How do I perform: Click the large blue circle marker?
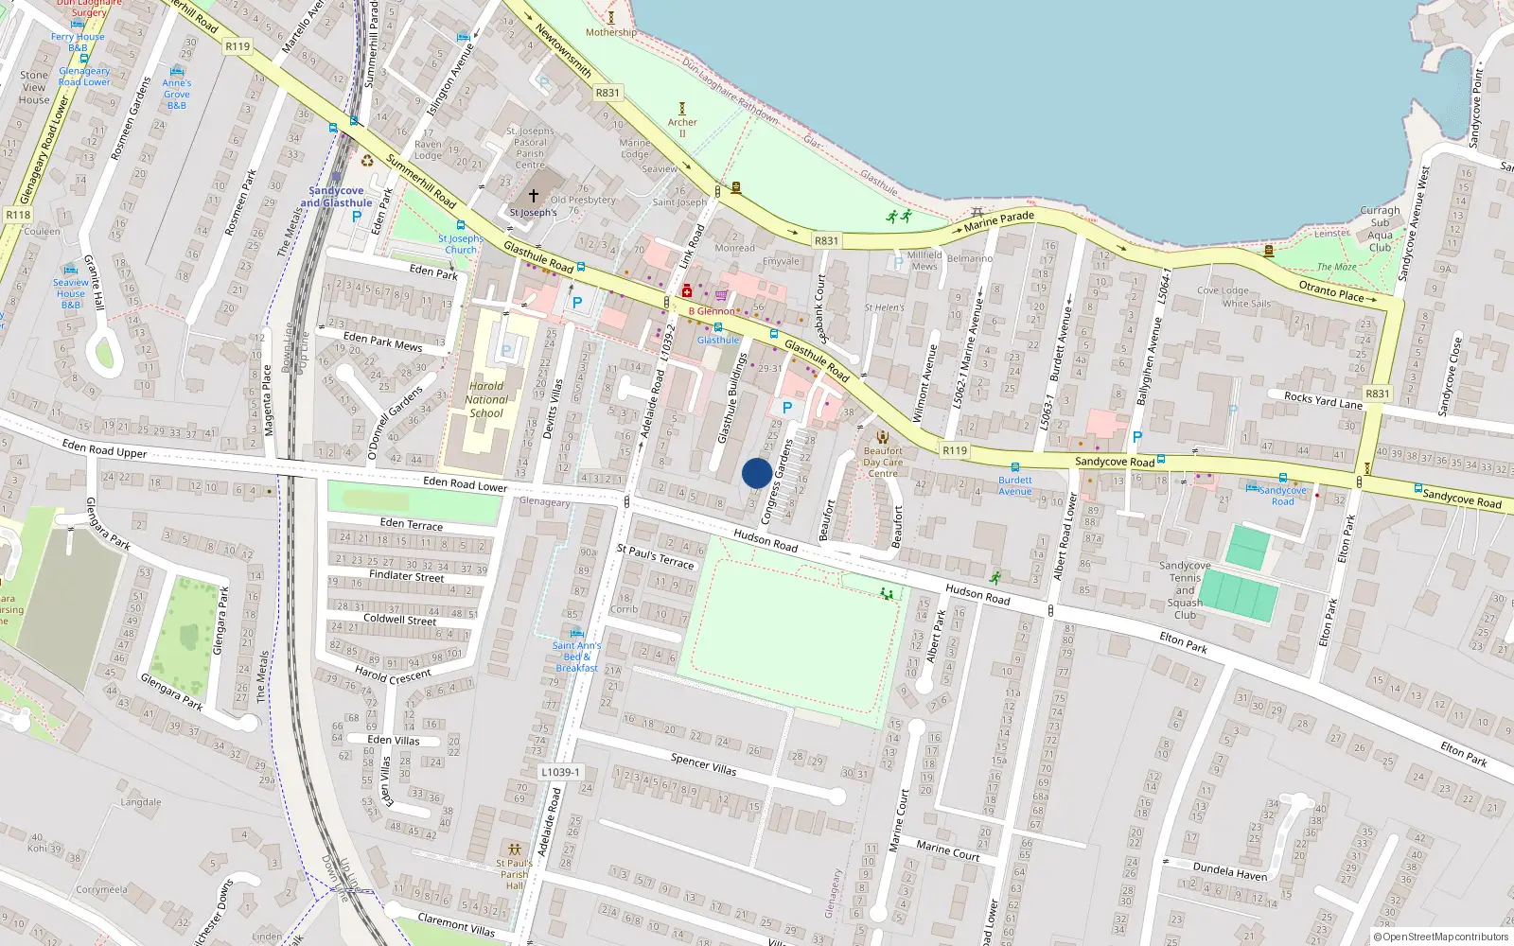point(756,473)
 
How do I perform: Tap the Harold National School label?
point(486,399)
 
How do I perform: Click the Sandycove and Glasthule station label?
point(336,197)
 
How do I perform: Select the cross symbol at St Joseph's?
point(534,196)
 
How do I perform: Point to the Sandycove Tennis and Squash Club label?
point(1185,589)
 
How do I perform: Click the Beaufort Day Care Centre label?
point(883,462)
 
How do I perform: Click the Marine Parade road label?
point(998,221)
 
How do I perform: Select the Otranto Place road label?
point(1331,289)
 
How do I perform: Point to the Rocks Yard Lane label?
point(1323,400)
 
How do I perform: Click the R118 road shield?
point(18,215)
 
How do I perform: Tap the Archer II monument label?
point(682,127)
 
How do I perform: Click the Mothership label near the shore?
point(610,32)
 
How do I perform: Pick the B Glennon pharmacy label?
point(711,311)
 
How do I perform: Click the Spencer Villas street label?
point(703,764)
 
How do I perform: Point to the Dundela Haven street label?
point(1229,871)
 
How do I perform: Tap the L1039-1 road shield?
point(560,772)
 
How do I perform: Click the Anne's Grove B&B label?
point(177,94)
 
